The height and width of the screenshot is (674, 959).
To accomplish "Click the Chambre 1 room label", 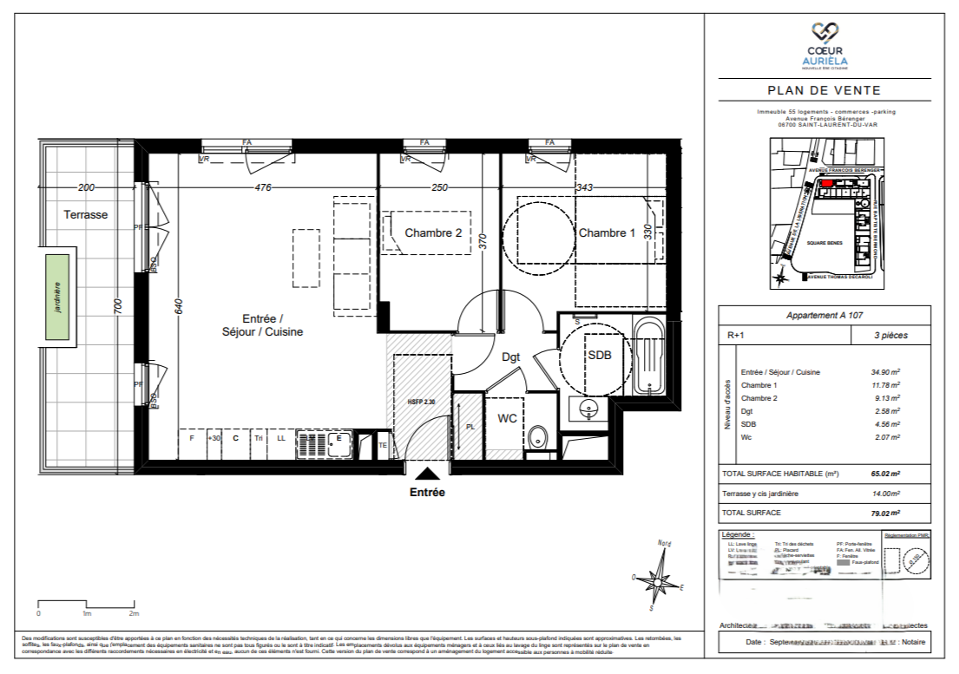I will pos(607,232).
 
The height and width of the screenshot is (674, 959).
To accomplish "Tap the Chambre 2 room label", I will pos(433,232).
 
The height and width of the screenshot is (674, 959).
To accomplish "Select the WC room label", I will pos(508,418).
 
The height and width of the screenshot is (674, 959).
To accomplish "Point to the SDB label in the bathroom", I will pos(600,356).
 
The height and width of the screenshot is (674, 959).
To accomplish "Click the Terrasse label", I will pos(86,214).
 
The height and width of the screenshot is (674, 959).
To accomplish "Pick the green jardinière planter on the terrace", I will pos(58,298).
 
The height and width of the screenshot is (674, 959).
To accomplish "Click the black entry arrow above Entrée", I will pos(427,473).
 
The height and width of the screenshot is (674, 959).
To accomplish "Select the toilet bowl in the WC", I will pos(538,436).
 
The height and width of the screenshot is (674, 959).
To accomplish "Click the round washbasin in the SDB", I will pos(591,408).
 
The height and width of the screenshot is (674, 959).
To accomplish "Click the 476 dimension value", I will pos(263,187).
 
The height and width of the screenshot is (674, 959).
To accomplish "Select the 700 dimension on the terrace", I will pos(119,305).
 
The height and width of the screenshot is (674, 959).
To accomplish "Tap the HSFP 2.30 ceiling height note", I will pos(421,402).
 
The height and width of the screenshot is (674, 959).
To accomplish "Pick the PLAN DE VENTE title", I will pos(824,90).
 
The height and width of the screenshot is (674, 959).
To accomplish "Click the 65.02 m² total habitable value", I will pos(885,474).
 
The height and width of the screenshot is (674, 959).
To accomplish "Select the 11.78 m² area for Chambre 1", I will pos(885,385).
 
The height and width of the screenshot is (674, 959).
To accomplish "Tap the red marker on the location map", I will pos(827,184).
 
